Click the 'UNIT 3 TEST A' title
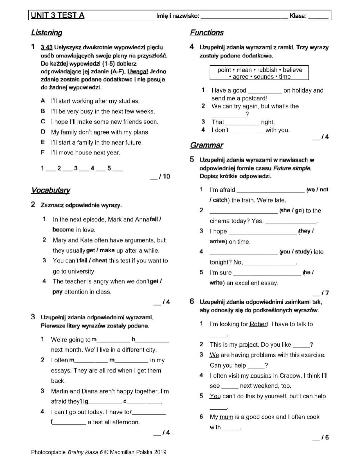coord(57,15)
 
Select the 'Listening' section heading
coord(47,33)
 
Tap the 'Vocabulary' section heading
coord(51,190)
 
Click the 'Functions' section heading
coord(207,33)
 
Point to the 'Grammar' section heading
coord(207,145)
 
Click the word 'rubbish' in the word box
coord(267,70)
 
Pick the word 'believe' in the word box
coord(292,70)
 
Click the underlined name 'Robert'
coord(259,324)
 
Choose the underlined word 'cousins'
coord(261,376)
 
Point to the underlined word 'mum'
coord(226,417)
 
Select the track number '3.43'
coord(47,48)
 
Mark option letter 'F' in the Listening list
coord(43,153)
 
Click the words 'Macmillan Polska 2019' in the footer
coord(138,452)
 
